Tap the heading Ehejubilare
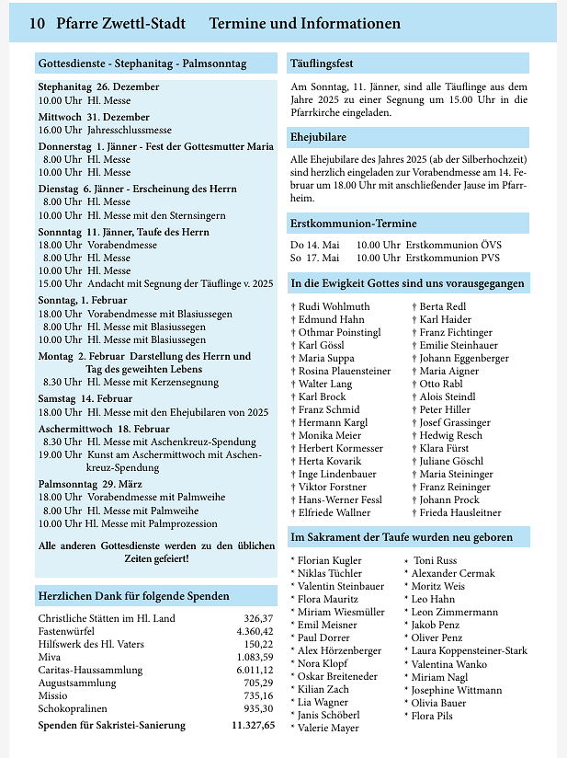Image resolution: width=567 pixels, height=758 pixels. pyautogui.click(x=318, y=137)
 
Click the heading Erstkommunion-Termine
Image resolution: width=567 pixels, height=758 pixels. pyautogui.click(x=353, y=224)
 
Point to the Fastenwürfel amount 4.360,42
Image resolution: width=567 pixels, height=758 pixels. pyautogui.click(x=255, y=631)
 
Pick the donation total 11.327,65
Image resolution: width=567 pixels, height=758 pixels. pyautogui.click(x=253, y=725)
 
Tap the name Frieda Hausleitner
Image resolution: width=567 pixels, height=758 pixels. pyautogui.click(x=460, y=512)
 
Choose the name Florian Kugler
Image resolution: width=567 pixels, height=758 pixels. pyautogui.click(x=329, y=559)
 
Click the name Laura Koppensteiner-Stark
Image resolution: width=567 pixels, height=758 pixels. pyautogui.click(x=469, y=650)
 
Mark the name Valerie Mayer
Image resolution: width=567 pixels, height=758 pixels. pyautogui.click(x=328, y=728)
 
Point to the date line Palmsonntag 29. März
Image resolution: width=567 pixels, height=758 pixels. pyautogui.click(x=89, y=484)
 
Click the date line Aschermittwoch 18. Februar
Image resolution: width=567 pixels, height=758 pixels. pyautogui.click(x=104, y=429)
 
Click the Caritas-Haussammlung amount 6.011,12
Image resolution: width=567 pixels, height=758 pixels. pyautogui.click(x=255, y=670)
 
